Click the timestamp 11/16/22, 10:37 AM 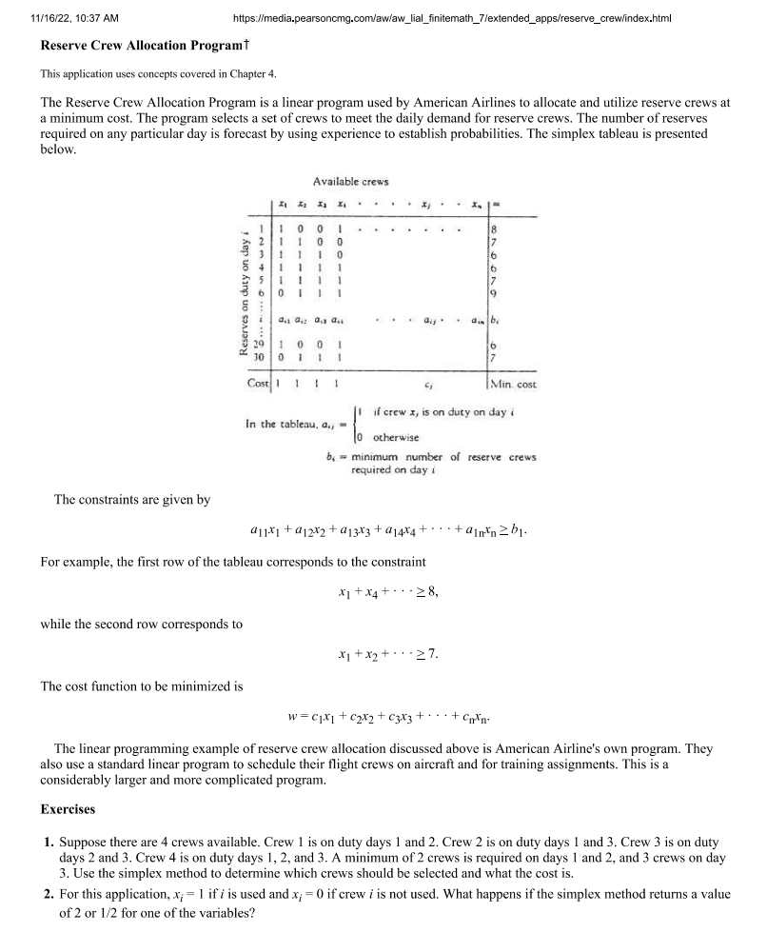(x=74, y=18)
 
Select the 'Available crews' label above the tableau (x=350, y=182)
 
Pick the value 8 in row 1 (x=493, y=228)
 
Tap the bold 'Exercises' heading (x=68, y=809)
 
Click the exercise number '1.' (x=48, y=844)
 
